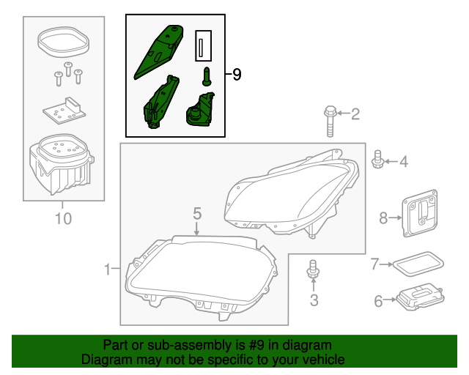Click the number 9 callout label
[236, 75]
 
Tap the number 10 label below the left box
[63, 218]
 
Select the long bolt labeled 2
[329, 121]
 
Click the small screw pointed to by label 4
[379, 160]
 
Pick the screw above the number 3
[313, 270]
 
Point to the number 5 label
[197, 213]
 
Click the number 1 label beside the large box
[107, 270]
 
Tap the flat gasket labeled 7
[418, 264]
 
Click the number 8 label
[382, 218]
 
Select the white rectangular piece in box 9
[203, 46]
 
